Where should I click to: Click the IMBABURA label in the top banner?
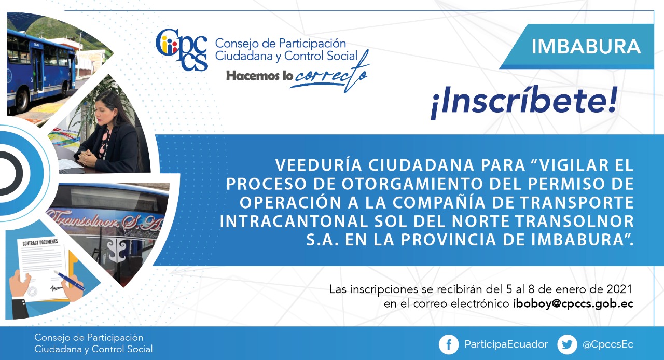586,47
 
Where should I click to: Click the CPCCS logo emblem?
182,50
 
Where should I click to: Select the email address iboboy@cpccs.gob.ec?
573,304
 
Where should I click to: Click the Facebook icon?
449,344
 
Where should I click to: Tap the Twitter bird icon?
567,344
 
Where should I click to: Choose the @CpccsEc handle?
608,344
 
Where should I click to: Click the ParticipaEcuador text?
506,344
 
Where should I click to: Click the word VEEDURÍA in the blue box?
319,165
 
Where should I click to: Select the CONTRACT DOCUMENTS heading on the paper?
40,242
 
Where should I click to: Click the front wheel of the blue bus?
23,101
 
